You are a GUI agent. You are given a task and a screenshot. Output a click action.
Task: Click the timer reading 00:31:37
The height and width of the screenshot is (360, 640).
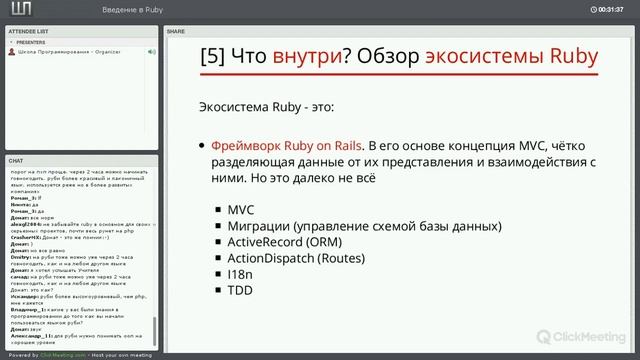coord(612,9)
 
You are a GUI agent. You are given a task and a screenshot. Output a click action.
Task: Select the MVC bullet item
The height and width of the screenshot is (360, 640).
coord(241,209)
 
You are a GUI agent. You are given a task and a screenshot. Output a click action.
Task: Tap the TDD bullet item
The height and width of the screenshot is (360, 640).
coord(240,290)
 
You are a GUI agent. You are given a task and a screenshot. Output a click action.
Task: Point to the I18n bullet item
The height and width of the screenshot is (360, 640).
coord(239,274)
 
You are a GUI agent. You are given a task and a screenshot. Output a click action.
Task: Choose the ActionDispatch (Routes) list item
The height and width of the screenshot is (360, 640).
coord(296,258)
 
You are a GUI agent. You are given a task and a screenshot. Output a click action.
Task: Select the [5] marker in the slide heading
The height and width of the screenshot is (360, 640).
coord(214,56)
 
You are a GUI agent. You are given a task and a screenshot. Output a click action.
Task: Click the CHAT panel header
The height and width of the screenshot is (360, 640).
coord(16,160)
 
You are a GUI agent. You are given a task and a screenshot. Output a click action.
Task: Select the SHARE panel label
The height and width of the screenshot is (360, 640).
coord(176,32)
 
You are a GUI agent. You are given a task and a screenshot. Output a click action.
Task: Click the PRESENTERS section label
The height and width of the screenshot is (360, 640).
coord(31,43)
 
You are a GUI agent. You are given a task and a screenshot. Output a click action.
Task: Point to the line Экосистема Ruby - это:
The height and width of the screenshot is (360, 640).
coord(267,105)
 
